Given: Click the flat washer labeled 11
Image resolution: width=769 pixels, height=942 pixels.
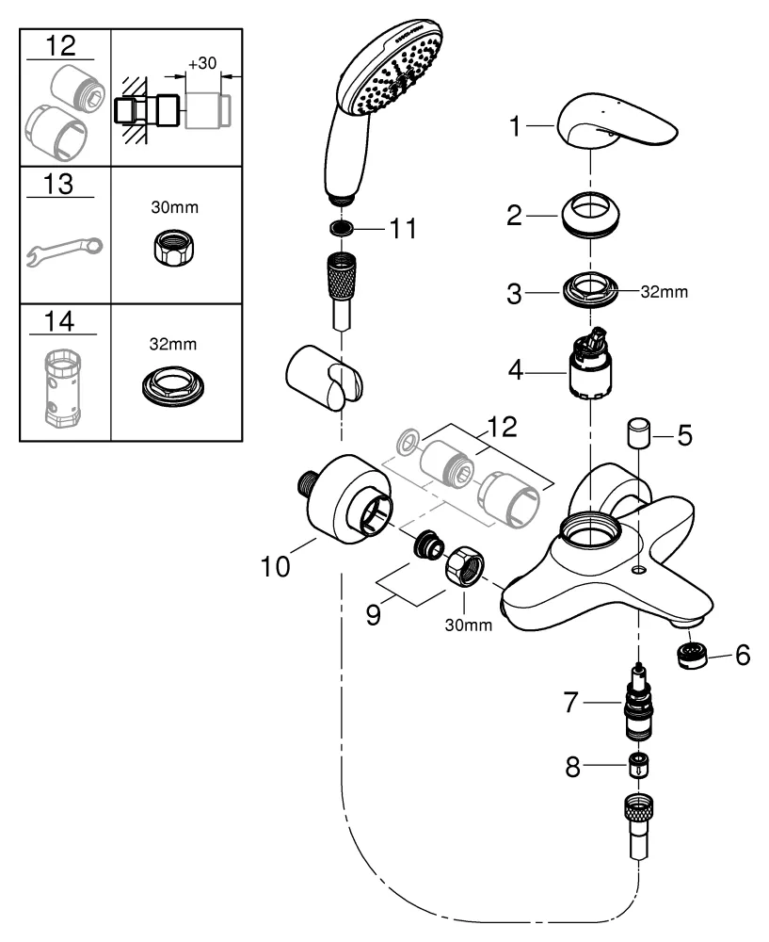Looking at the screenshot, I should (x=343, y=230).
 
